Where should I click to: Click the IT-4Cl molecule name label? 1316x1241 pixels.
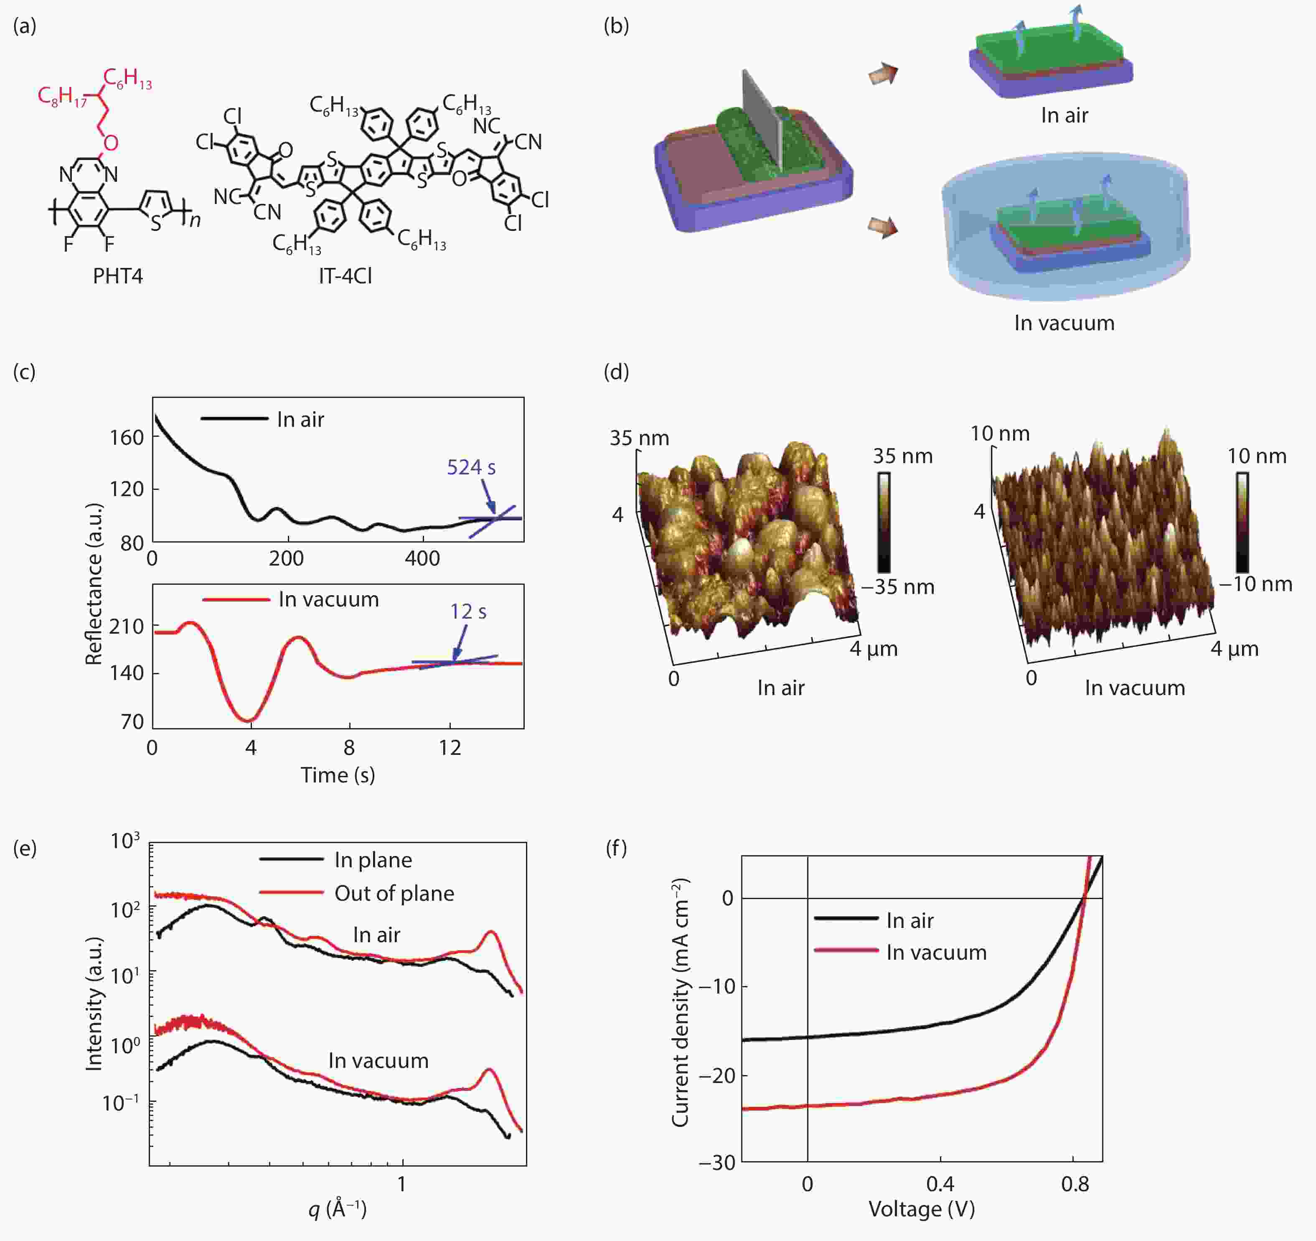pyautogui.click(x=345, y=275)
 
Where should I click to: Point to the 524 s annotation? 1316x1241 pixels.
pyautogui.click(x=471, y=468)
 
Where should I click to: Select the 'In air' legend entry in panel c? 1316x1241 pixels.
pyautogui.click(x=300, y=419)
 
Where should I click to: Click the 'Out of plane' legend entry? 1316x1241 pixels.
pyautogui.click(x=394, y=893)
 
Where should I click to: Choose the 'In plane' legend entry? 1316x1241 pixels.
pyautogui.click(x=373, y=860)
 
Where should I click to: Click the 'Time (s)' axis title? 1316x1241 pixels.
pyautogui.click(x=338, y=775)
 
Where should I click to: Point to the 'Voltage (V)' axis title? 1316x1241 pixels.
pyautogui.click(x=922, y=1209)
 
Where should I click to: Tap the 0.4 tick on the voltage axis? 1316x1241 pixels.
pyautogui.click(x=940, y=1183)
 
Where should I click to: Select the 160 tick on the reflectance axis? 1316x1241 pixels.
pyautogui.click(x=127, y=438)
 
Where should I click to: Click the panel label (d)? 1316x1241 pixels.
pyautogui.click(x=616, y=372)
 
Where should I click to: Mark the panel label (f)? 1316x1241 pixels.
pyautogui.click(x=616, y=849)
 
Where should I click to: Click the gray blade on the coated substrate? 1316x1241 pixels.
pyautogui.click(x=761, y=119)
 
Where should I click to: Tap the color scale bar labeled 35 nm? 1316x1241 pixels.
pyautogui.click(x=884, y=522)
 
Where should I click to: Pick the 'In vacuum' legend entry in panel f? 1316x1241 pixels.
pyautogui.click(x=936, y=952)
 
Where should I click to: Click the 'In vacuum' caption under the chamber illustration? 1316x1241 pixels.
pyautogui.click(x=1064, y=323)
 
